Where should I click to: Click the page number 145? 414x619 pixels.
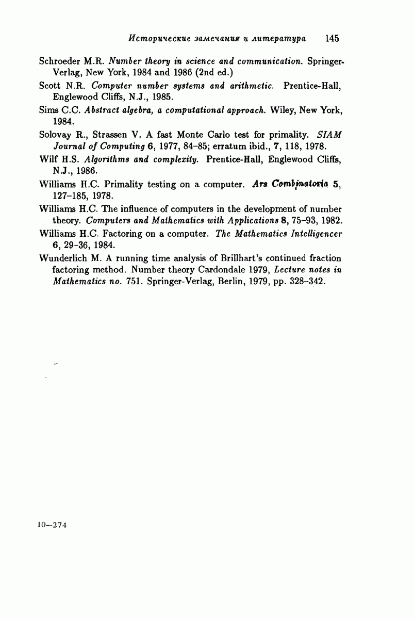pyautogui.click(x=332, y=38)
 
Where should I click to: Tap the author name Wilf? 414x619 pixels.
pyautogui.click(x=47, y=159)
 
